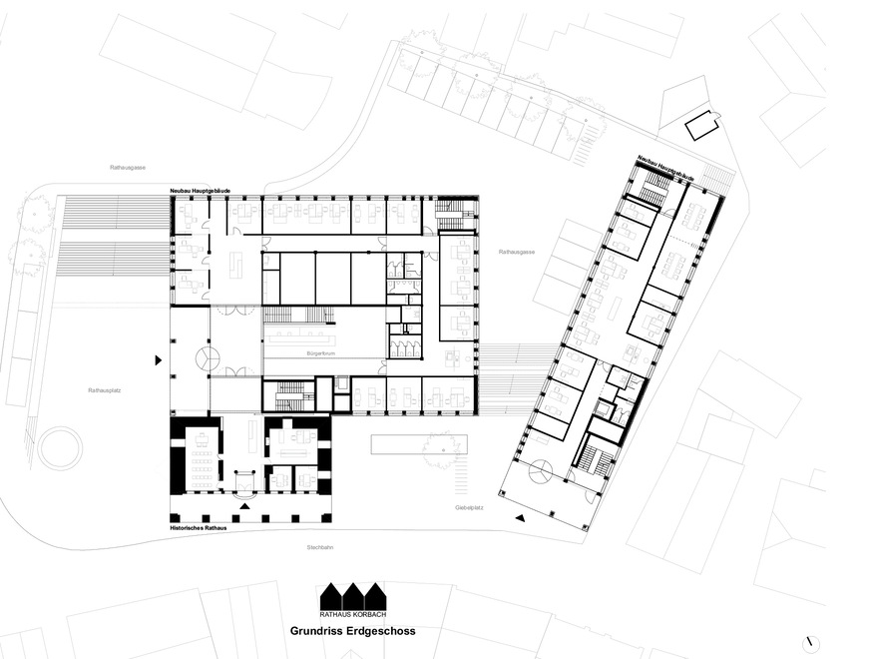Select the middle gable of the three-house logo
[352, 594]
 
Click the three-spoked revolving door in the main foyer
[206, 358]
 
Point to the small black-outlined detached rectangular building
[703, 126]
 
